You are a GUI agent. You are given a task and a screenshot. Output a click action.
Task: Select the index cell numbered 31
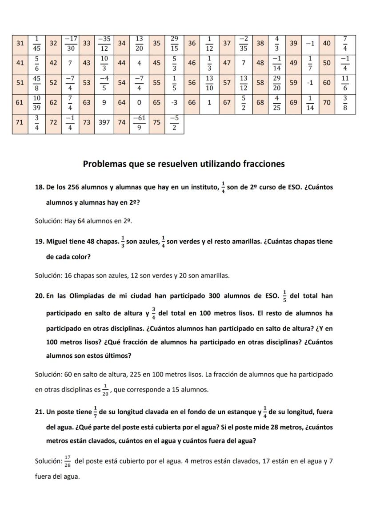20,43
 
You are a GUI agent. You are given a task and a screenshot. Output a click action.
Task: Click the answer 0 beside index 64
139,102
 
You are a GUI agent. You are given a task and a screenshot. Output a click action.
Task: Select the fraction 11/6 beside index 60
345,83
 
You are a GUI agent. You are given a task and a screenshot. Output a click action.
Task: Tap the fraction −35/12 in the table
104,43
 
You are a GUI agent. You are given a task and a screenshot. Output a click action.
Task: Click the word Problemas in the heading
104,164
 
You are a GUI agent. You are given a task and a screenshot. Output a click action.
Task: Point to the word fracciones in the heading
264,164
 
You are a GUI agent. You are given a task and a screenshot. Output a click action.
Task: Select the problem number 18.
39,187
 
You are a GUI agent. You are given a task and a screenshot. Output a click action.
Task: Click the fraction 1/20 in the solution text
105,389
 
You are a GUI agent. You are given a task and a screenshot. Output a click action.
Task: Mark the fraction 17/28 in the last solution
68,461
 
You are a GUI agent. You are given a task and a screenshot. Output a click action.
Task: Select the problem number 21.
39,412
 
